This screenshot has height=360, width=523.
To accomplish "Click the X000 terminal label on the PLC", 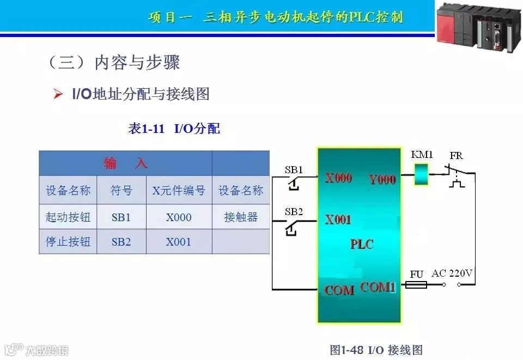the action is (338, 178).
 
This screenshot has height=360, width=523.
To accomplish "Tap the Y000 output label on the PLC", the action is (382, 179).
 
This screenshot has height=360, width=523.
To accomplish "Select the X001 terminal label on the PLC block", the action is (338, 220).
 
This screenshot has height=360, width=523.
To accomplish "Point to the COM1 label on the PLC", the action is (378, 286).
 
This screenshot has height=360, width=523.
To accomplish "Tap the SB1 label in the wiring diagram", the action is (294, 169).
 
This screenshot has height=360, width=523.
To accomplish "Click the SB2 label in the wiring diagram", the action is (294, 211).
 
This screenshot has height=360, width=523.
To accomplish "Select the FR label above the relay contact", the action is (456, 156).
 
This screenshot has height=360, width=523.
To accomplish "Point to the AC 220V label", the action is (452, 273).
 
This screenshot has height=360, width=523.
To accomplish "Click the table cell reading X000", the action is (179, 217).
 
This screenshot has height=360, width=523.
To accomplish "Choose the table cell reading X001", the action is (179, 241).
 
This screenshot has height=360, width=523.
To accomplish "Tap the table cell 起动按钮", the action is (68, 217).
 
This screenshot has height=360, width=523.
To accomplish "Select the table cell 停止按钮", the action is (68, 241).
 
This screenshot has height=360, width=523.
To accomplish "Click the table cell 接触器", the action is (241, 217).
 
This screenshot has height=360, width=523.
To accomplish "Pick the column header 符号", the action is (121, 191).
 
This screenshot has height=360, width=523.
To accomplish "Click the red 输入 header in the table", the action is (125, 163).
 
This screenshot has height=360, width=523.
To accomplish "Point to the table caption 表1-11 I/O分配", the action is (174, 129).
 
